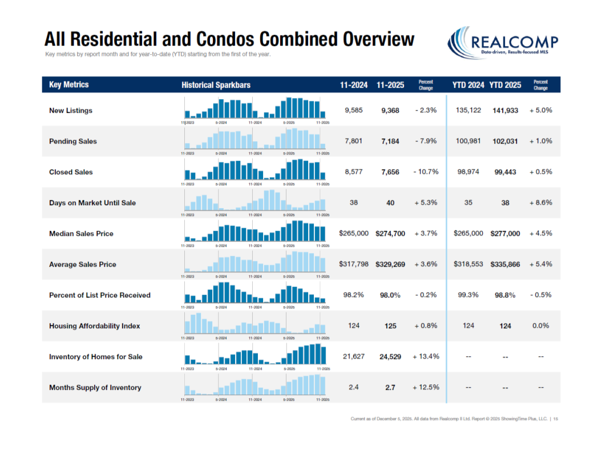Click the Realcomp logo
point(503,43)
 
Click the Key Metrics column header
point(69,84)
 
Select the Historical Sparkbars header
point(216,85)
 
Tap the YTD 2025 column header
point(505,85)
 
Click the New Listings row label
point(70,111)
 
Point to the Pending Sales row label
point(73,141)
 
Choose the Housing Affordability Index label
point(94,326)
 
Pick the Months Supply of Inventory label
point(95,388)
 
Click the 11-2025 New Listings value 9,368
point(390,111)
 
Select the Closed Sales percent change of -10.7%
point(426,172)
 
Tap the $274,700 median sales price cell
point(390,234)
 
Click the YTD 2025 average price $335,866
point(505,264)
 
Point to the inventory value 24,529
point(390,357)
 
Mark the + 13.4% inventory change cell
point(426,357)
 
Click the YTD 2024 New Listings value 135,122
point(468,110)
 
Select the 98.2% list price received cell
point(353,295)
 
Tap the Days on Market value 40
point(390,203)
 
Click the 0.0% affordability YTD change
point(540,326)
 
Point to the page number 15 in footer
point(555,419)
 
